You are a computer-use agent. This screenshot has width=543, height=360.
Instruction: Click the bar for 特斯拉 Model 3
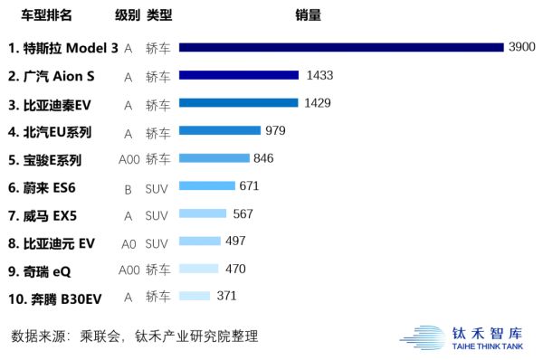pyautogui.click(x=340, y=47)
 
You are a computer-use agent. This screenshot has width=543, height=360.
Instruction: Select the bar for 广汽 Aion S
pyautogui.click(x=239, y=75)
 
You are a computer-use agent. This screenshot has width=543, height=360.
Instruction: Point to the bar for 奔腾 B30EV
pyautogui.click(x=195, y=296)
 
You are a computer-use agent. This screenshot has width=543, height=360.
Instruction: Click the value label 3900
pyautogui.click(x=522, y=47)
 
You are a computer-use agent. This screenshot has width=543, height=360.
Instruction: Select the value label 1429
pyautogui.click(x=317, y=103)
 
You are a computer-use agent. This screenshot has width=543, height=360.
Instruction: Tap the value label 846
pyautogui.click(x=263, y=159)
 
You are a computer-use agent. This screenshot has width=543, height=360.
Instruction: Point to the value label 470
pyautogui.click(x=234, y=269)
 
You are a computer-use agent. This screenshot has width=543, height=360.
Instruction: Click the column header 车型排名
pyautogui.click(x=47, y=16)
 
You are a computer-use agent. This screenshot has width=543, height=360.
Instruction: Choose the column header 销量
pyautogui.click(x=308, y=16)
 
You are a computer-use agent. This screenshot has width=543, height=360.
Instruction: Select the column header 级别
pyautogui.click(x=128, y=16)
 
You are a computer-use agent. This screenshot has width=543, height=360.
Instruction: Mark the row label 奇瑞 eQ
pyautogui.click(x=41, y=270)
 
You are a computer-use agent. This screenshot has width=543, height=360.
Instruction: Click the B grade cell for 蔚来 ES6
pyautogui.click(x=129, y=188)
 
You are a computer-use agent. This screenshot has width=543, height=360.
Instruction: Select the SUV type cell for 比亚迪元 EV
pyautogui.click(x=157, y=243)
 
